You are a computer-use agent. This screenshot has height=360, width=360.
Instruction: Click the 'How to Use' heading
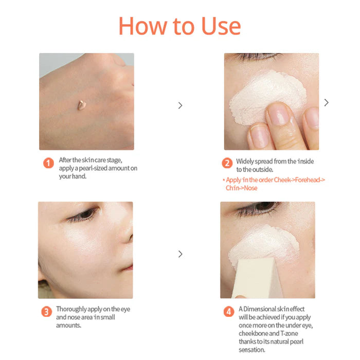[179, 26]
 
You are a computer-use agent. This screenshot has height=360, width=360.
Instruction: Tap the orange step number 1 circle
[48, 163]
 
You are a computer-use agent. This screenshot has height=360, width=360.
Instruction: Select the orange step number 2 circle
[227, 163]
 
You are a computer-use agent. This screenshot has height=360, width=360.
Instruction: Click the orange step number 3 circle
[46, 312]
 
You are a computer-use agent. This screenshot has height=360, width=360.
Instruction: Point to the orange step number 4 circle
[228, 312]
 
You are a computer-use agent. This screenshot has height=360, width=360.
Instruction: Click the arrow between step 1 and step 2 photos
[180, 105]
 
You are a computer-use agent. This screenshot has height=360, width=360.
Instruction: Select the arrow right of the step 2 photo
[326, 103]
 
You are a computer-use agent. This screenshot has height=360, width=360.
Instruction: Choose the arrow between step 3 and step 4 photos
[180, 254]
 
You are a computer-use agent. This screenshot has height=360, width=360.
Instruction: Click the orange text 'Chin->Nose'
[241, 188]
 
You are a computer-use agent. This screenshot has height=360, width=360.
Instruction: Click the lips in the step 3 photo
[129, 268]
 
